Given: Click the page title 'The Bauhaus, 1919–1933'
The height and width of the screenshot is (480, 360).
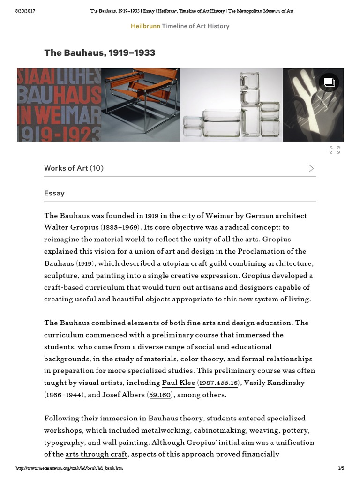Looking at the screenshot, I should point(99,53).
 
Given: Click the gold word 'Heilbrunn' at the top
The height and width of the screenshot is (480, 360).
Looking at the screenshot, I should point(145,26).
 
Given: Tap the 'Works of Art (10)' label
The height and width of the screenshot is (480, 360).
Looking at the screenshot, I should point(74,168).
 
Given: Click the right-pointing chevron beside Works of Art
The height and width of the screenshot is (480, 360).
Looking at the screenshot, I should point(311,168).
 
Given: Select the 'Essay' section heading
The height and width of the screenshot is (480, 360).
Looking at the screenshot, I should point(54,193).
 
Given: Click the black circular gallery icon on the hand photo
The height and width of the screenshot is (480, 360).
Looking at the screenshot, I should point(329,82).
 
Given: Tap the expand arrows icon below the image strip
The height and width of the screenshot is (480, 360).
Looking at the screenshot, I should point(334,150).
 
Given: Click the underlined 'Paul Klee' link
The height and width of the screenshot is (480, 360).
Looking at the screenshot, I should point(178,382).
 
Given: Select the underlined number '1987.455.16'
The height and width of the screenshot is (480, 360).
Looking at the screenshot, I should point(218,382).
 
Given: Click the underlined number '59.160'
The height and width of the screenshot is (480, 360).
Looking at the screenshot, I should point(160,395).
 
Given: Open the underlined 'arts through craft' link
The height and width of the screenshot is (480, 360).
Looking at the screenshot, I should point(97,454).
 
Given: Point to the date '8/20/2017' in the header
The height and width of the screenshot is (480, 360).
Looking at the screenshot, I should point(26,10).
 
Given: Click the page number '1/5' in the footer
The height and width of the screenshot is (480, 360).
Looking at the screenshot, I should point(341,468).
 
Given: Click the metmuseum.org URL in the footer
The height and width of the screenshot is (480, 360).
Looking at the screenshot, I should point(69,468).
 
